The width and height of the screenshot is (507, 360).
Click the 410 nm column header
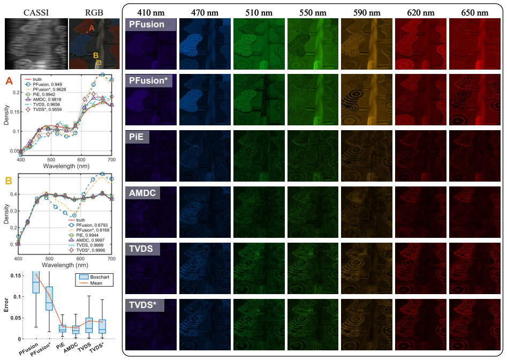click(150, 13)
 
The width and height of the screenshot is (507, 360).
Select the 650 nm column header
click(474, 13)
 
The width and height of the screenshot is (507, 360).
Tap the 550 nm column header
click(313, 13)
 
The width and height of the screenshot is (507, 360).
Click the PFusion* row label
click(148, 80)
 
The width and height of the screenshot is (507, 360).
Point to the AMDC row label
click(142, 193)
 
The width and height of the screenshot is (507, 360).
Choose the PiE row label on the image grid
click(137, 137)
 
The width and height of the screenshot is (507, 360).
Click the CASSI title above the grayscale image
click(36, 13)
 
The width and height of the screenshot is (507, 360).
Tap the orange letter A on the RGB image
click(92, 28)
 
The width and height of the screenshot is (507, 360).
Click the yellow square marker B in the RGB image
click(99, 63)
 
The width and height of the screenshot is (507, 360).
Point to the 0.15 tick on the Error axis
click(16, 275)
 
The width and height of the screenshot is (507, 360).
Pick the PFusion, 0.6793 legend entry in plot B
click(88, 225)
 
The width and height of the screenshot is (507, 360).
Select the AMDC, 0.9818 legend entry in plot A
click(43, 100)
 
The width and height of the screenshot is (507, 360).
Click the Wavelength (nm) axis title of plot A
click(66, 166)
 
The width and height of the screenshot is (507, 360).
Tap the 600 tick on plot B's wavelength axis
click(80, 259)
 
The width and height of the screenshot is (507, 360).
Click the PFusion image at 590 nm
click(367, 44)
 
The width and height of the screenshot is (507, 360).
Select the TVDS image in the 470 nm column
click(205, 268)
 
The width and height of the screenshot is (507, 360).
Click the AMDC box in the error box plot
click(75, 329)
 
